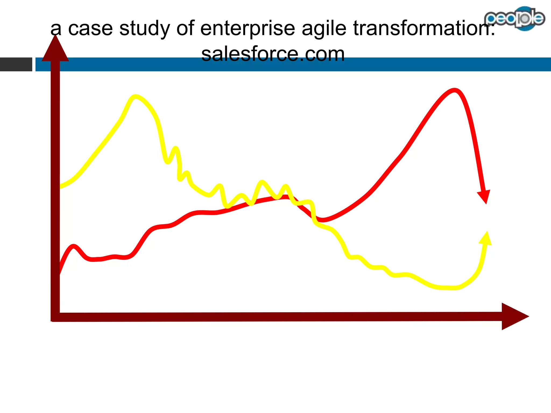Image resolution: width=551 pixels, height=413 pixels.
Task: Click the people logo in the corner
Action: [x=514, y=18]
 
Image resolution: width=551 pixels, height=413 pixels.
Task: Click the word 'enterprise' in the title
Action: [x=248, y=29]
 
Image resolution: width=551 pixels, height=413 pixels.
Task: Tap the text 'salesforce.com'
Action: [x=273, y=54]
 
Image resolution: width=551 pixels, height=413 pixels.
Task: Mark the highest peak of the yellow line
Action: [x=135, y=97]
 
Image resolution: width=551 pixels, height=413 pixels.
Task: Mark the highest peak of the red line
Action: [x=454, y=91]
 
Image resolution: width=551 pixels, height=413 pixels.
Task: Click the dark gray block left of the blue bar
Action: [x=16, y=65]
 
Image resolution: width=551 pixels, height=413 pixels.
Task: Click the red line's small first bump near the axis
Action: [x=73, y=246]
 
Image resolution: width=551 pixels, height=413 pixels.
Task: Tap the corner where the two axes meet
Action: [x=55, y=317]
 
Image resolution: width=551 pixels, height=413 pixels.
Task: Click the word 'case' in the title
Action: [x=90, y=29]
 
